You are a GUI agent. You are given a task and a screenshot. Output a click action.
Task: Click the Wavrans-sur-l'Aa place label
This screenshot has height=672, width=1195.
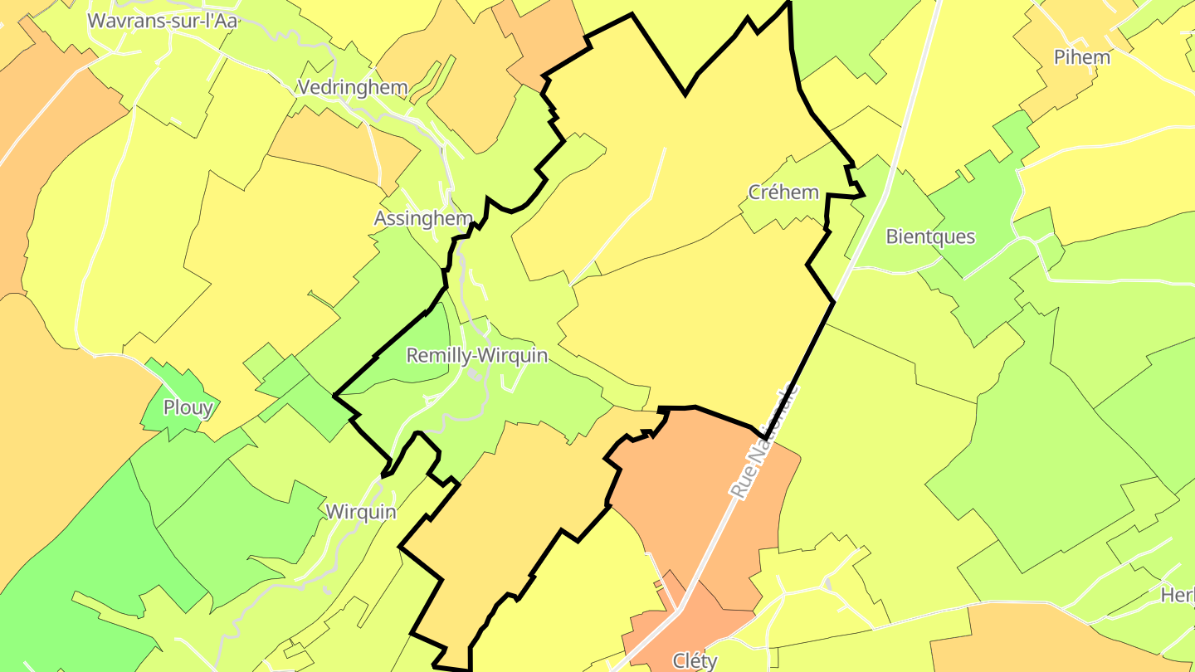coord(163,22)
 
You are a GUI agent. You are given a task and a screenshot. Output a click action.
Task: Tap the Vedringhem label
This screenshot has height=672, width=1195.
coord(353,87)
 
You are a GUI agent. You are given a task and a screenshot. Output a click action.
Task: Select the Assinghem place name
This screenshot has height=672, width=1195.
coord(423,218)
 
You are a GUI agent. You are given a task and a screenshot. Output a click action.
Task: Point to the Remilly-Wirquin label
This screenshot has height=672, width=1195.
coord(477,356)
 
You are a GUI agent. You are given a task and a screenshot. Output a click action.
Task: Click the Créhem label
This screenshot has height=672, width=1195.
coord(783,192)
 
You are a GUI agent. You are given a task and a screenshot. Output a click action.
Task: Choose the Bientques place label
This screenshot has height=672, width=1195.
coord(930,236)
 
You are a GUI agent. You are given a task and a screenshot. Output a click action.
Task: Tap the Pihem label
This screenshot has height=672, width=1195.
coord(1081,57)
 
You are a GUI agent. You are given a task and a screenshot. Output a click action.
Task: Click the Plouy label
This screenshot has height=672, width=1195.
coord(188,407)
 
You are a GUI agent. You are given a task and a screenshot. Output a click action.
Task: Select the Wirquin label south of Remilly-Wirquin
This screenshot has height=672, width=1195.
coord(361,511)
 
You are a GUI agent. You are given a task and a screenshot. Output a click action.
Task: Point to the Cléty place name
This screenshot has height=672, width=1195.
coord(695,660)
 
